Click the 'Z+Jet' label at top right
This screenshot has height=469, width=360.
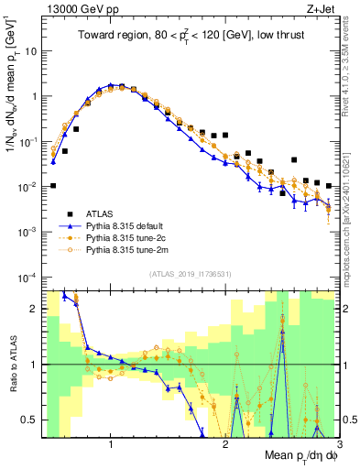[323, 10]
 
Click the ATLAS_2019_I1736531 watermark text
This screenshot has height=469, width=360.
[191, 273]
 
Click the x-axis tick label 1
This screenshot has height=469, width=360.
[110, 444]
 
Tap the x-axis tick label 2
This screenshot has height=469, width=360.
[225, 444]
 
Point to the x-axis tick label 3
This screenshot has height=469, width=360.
[339, 444]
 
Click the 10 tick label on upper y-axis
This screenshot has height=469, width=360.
[28, 51]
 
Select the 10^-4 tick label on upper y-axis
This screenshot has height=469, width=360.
[26, 277]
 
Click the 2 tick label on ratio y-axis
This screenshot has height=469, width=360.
[32, 309]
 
